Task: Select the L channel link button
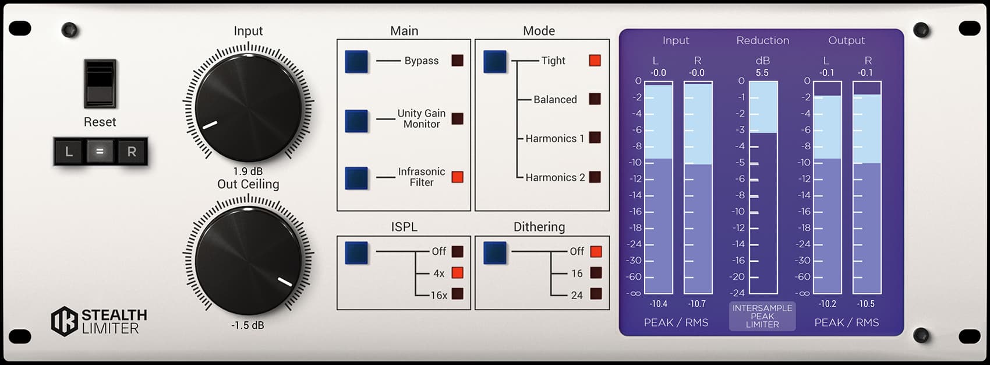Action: (x=69, y=152)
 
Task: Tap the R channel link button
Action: (x=132, y=152)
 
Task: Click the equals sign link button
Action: (x=100, y=152)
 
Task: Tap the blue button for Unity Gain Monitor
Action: (x=356, y=121)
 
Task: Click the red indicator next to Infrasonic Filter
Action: (x=458, y=177)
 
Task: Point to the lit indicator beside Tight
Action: (x=595, y=61)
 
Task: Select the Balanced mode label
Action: (x=555, y=100)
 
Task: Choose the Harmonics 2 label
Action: (x=555, y=177)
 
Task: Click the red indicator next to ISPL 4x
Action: (x=458, y=273)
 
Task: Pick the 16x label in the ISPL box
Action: (x=439, y=295)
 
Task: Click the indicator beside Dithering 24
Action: (x=596, y=294)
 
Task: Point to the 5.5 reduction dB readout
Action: (x=762, y=73)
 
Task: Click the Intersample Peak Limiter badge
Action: (x=762, y=316)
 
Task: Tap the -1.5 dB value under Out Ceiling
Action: (x=248, y=325)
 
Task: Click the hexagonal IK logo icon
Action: (x=64, y=321)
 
